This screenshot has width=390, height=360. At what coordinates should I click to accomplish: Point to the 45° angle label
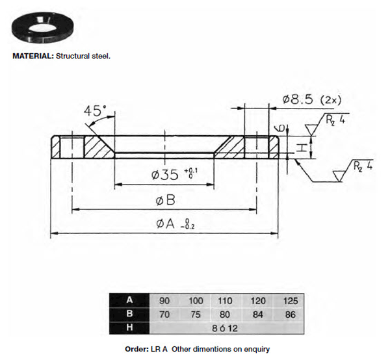point(95,111)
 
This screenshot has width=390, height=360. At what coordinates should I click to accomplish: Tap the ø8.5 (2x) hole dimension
point(312,99)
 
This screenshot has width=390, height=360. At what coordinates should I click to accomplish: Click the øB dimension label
point(165,200)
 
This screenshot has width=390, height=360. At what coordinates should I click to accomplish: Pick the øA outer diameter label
point(175,224)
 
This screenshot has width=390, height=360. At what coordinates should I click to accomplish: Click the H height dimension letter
point(301,148)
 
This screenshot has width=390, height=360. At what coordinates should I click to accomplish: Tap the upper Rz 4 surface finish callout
point(335,120)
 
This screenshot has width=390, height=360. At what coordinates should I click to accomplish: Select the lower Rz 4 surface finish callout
point(363,166)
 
